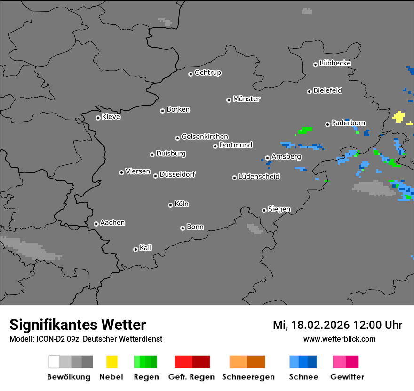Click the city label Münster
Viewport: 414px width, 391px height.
pos(247,99)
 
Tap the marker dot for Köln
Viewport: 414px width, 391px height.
pos(170,205)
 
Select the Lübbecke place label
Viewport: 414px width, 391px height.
pos(335,63)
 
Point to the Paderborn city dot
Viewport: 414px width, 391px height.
pos(327,124)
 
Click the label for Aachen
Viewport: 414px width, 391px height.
pos(112,223)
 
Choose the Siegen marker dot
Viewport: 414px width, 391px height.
pos(264,210)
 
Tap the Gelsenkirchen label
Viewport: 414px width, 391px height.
pos(205,137)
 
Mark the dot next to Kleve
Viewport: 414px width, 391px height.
pos(98,118)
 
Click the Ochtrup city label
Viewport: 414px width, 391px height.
pos(207,73)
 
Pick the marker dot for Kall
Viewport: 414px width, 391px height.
pos(135,249)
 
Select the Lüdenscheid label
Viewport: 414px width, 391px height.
pos(259,177)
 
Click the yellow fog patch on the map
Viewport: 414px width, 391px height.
pos(399,116)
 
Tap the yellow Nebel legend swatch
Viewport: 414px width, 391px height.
pos(111,362)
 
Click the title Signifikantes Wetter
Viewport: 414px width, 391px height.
pos(78,325)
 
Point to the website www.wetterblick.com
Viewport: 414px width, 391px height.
pos(339,339)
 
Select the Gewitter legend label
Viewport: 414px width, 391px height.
pos(347,377)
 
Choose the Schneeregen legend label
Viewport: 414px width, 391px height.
pos(247,377)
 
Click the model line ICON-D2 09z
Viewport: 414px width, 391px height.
pos(86,339)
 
